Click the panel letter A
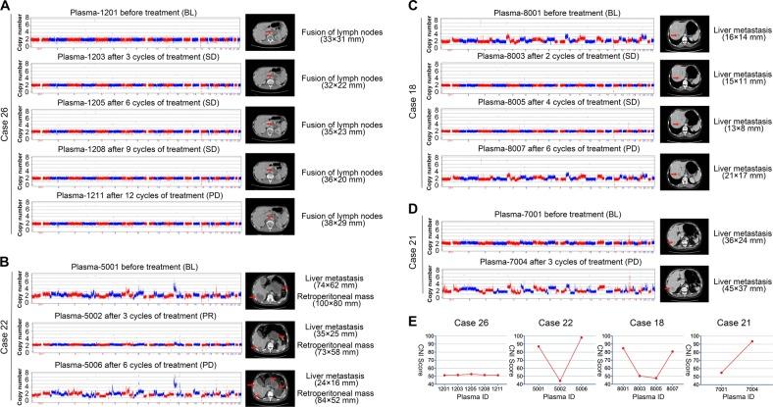[7, 7]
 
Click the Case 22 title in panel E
[541, 324]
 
